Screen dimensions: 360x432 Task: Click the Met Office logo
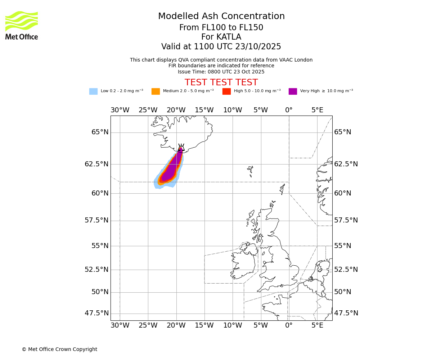[x=22, y=25]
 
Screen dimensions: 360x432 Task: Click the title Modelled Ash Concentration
[x=221, y=17]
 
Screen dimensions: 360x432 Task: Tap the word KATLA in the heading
[x=229, y=37]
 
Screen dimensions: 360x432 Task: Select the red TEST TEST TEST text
[x=221, y=82]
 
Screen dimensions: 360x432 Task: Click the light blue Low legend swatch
[x=93, y=91]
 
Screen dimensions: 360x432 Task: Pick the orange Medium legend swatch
[x=156, y=91]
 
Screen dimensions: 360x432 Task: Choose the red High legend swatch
[x=226, y=91]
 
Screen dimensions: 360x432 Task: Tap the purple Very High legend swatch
[x=293, y=91]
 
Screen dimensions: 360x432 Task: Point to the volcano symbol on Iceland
[x=181, y=147]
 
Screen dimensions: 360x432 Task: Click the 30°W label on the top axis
[x=120, y=110]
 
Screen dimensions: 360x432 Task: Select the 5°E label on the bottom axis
[x=317, y=326]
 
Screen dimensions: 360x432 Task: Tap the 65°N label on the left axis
[x=100, y=132]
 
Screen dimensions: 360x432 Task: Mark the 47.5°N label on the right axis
[x=346, y=313]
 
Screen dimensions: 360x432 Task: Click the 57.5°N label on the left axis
[x=96, y=220]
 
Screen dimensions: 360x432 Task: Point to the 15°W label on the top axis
[x=204, y=110]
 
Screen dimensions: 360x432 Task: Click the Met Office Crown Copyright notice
[x=59, y=349]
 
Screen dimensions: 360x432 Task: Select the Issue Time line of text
[x=221, y=72]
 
